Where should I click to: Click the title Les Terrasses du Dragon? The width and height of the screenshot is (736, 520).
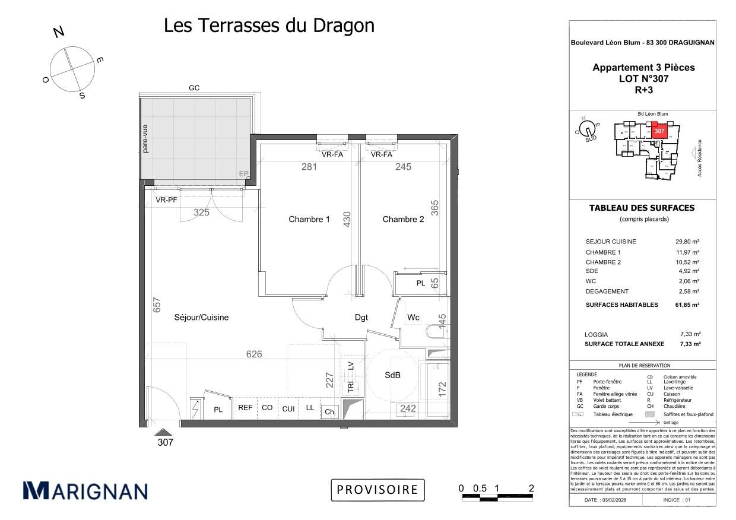269,26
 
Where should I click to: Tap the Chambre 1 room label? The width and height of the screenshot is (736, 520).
309,219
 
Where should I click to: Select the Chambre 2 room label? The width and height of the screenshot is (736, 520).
403,219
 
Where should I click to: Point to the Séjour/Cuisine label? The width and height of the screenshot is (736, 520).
201,318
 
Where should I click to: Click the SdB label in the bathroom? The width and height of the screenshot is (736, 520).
392,375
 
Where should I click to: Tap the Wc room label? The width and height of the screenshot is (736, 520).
413,318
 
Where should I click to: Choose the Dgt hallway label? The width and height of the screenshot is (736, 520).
361,318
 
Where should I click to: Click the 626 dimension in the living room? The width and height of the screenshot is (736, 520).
254,354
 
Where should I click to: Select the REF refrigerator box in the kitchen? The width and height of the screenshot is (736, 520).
245,408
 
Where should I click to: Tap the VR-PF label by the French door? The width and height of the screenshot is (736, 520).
166,200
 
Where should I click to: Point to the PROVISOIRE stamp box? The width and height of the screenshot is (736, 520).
377,490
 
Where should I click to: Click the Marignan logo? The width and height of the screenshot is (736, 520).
85,490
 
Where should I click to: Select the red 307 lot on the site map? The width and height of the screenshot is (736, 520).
659,130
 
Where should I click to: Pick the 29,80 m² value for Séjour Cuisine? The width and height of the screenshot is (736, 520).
687,242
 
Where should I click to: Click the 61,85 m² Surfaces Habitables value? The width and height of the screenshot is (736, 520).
687,305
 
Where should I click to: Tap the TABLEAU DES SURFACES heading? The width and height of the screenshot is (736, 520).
641,208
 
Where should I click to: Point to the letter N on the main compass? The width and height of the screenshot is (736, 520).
59,33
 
